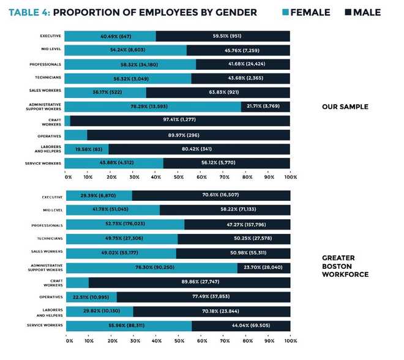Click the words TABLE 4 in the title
coord(29,12)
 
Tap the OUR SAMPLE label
coord(345,107)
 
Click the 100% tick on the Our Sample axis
coord(290,177)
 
